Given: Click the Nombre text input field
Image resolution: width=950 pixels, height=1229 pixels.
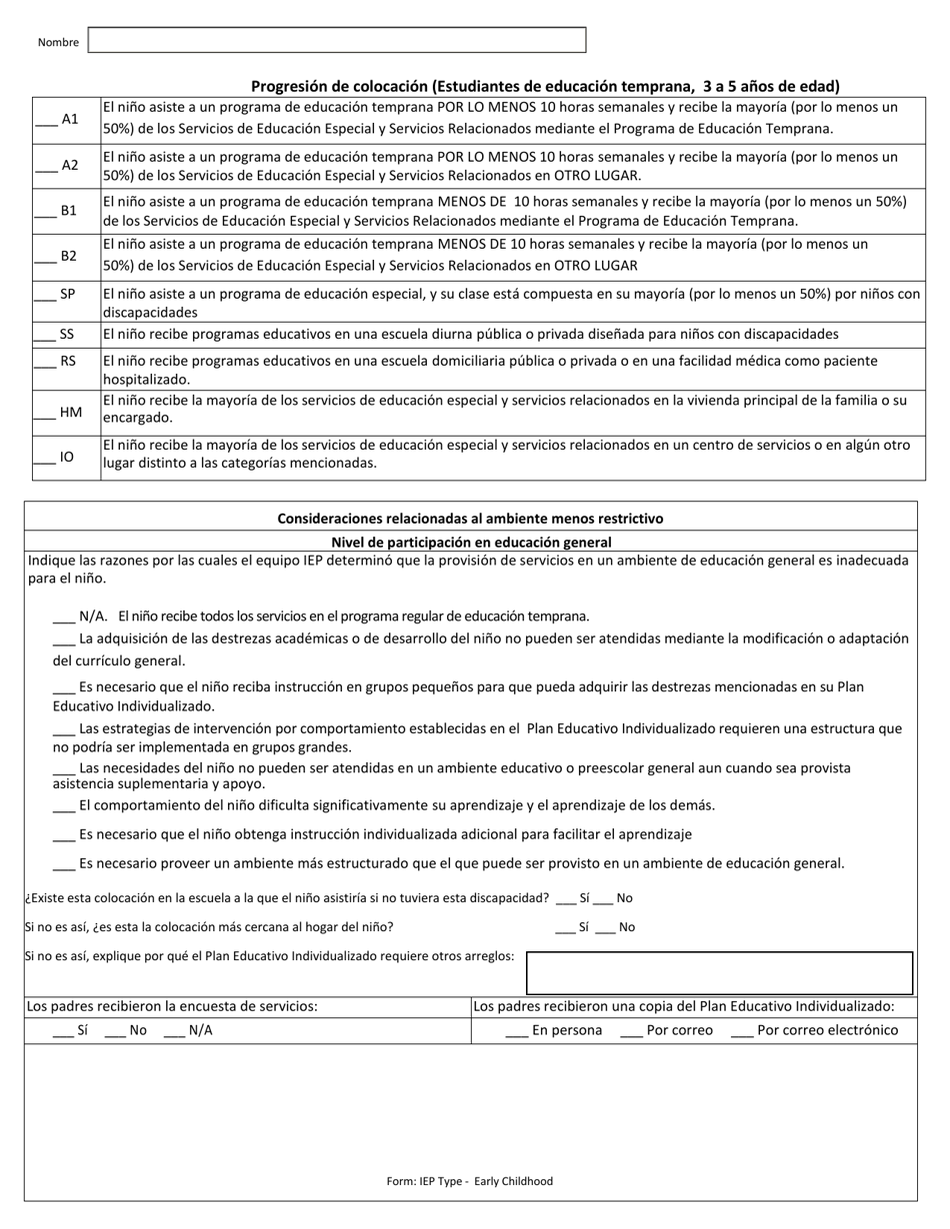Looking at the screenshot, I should (336, 40).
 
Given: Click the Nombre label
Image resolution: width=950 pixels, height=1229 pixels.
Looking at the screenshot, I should (58, 42).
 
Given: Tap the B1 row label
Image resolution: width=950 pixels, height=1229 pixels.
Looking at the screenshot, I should (68, 211).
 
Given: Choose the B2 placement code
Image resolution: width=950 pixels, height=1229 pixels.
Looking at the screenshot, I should (68, 256).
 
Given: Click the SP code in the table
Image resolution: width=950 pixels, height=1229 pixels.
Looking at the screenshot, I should (67, 294).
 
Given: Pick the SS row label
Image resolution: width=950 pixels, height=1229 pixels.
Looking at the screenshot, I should (67, 334).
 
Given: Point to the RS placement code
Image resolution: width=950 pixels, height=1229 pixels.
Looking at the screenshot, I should (67, 361).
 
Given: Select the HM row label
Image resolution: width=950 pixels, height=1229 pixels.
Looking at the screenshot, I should (70, 412).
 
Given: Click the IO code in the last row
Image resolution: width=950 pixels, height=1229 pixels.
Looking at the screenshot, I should (67, 457).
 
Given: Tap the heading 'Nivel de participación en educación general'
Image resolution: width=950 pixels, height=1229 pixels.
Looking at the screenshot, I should (471, 542).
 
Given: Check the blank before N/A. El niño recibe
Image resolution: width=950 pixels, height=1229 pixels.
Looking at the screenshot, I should (64, 616).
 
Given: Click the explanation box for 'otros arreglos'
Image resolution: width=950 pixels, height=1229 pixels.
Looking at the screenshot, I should (719, 972).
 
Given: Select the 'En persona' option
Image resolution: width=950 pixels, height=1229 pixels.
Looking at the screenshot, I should (555, 1030).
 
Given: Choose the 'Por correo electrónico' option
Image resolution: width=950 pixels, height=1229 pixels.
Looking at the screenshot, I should (815, 1030).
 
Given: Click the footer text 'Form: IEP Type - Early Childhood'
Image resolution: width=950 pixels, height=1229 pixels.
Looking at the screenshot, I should (469, 1181).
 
